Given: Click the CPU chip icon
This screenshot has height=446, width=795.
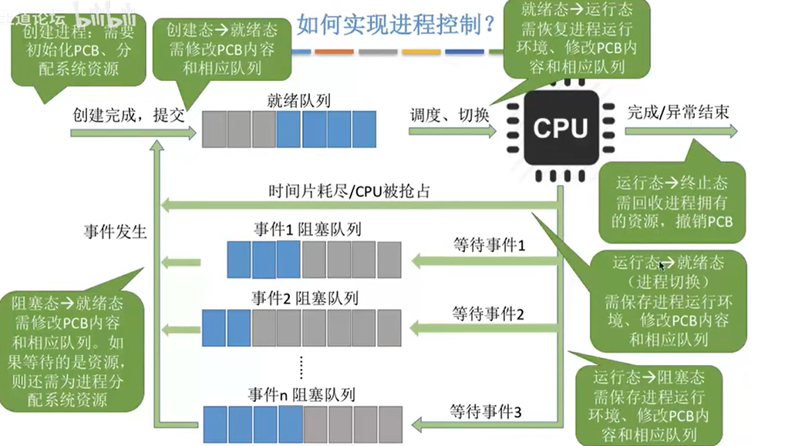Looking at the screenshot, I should [561, 128].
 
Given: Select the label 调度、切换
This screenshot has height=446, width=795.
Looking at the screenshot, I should [450, 115].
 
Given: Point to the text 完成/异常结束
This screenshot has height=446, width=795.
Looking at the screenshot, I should [678, 112].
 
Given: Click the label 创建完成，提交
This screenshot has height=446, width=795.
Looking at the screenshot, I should [129, 115].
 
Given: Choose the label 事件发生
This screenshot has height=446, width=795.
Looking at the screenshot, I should [116, 231].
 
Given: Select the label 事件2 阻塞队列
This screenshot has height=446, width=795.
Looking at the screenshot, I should [305, 298].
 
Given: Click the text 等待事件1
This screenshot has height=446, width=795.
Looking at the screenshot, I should [488, 246].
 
